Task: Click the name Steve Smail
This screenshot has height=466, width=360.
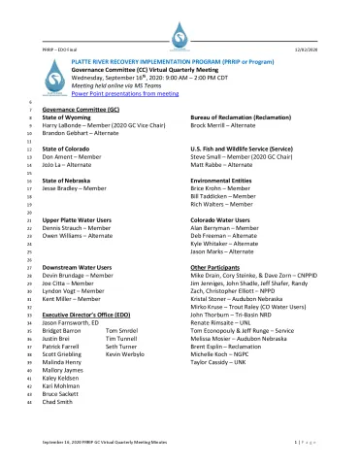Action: pyautogui.click(x=206, y=154)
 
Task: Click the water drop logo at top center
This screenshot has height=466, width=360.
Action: pyautogui.click(x=180, y=37)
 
